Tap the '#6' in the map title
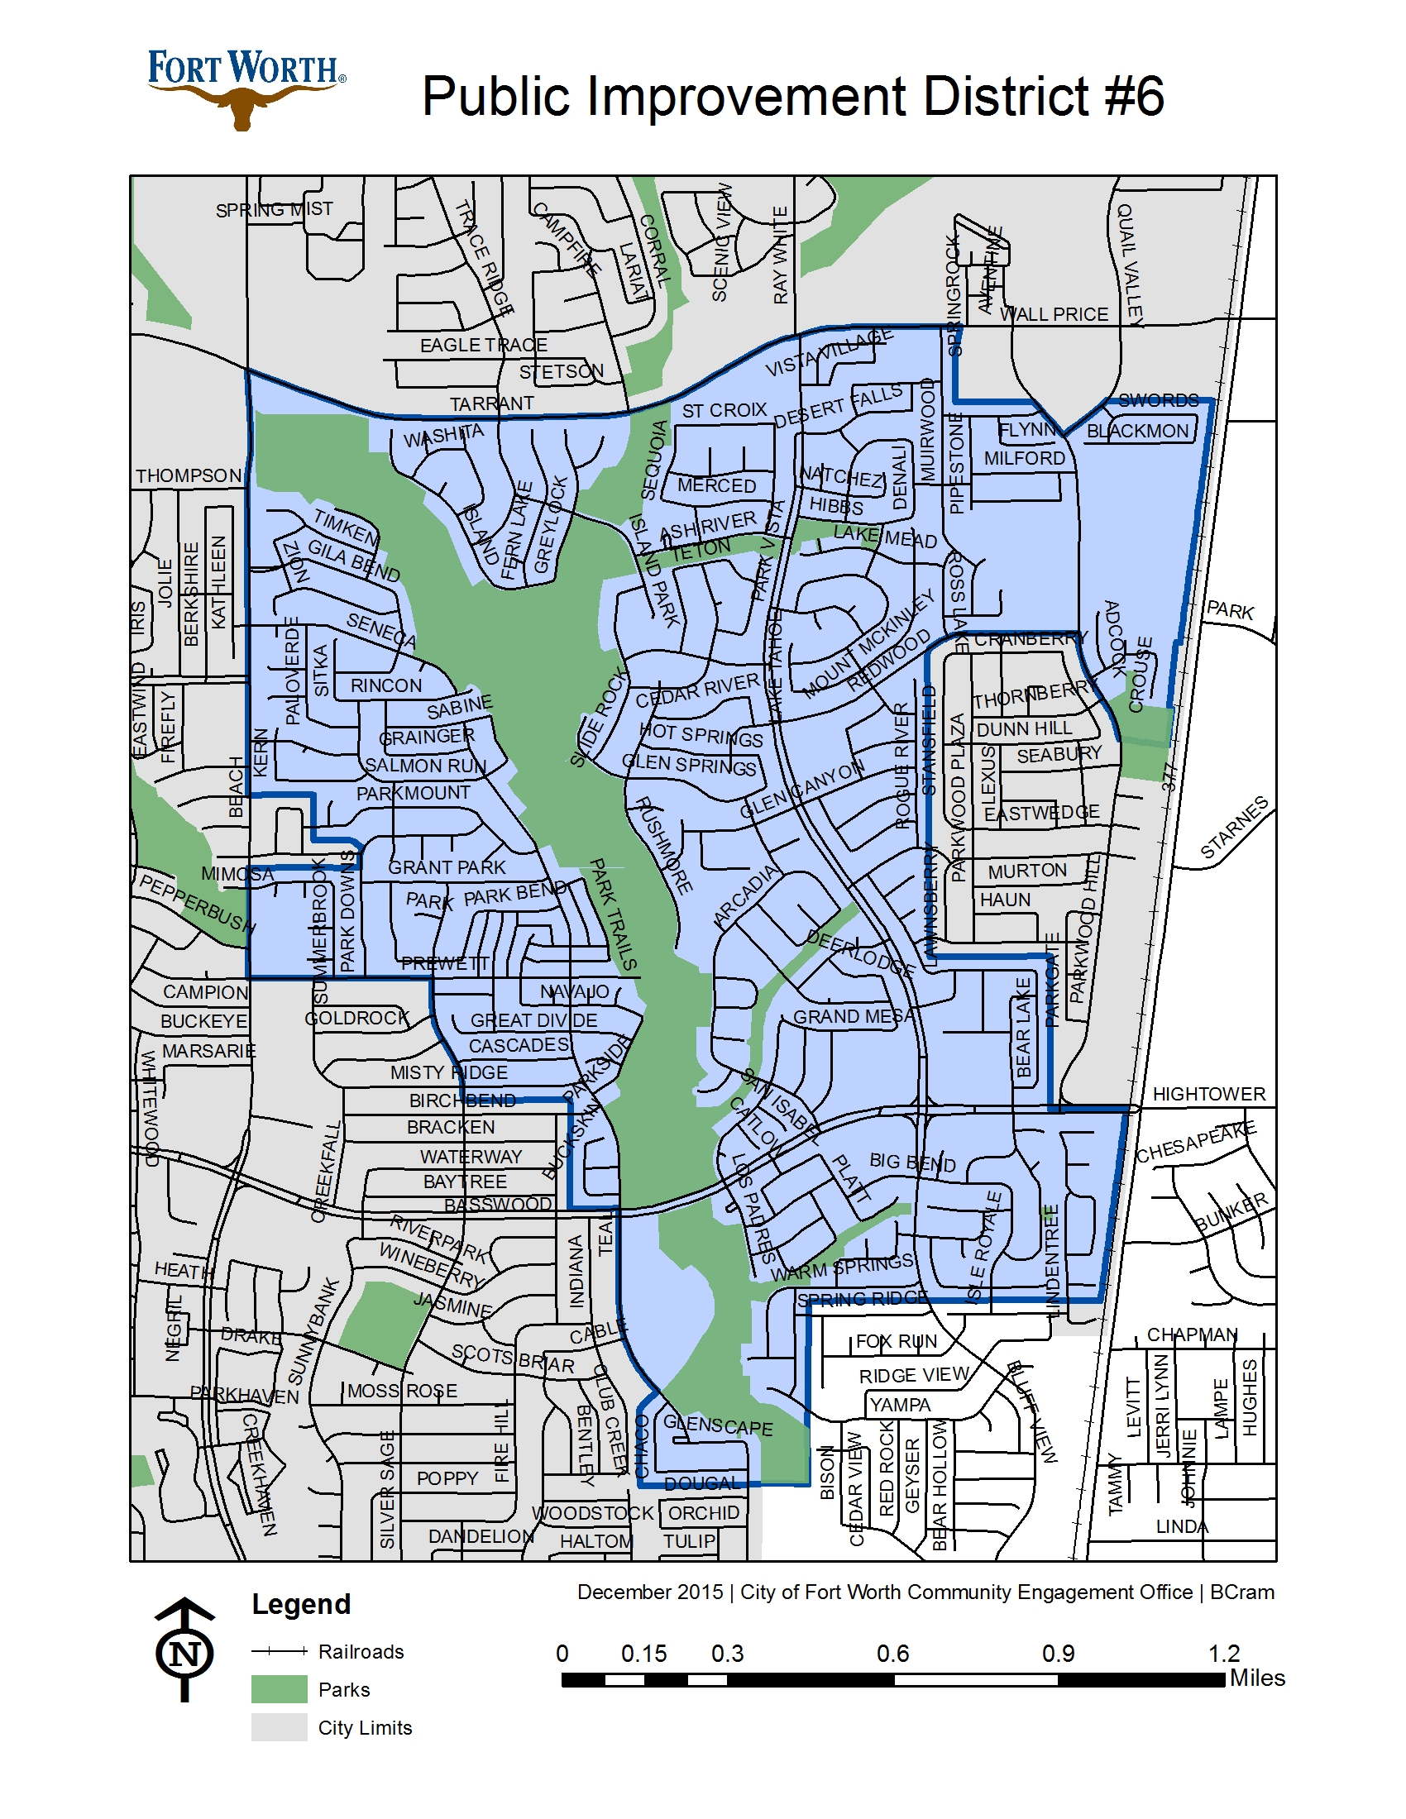(1133, 97)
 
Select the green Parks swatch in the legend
(279, 1689)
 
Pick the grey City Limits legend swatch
(279, 1727)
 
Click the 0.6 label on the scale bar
(892, 1654)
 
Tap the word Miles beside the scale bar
(1257, 1678)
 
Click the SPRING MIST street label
(274, 209)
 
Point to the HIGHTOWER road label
(1208, 1095)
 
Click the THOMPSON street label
(189, 475)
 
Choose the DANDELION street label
(481, 1537)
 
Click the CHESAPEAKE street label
(1196, 1142)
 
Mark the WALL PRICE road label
(1054, 314)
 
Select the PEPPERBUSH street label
(196, 903)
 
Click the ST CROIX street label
(724, 411)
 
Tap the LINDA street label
(1181, 1526)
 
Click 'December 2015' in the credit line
(650, 1592)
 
